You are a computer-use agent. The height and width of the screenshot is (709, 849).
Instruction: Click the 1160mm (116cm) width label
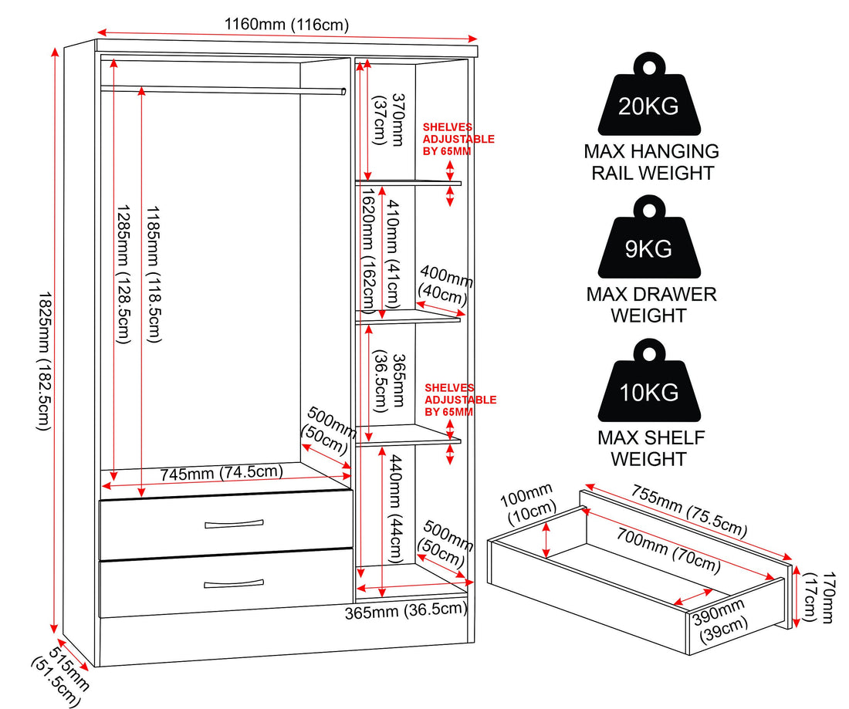coord(286,25)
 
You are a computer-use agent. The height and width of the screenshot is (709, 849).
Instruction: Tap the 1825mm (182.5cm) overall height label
coord(45,362)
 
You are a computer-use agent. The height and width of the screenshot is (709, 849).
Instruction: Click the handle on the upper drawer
coord(234,524)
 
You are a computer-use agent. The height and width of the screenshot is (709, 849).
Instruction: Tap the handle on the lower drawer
coord(234,583)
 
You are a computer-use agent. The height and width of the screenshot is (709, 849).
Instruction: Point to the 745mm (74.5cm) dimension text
coord(222,472)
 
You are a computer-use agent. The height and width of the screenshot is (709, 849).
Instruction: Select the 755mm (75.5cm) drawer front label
coord(689,511)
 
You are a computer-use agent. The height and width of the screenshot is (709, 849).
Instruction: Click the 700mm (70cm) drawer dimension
coord(668,550)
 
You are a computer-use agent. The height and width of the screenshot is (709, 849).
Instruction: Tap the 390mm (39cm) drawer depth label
coord(721,619)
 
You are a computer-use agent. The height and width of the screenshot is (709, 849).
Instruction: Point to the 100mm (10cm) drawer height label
coord(528,504)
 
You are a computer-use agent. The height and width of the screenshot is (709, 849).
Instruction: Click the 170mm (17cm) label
coord(819,597)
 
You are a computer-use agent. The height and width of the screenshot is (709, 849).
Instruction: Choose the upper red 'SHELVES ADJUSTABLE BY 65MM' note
coord(458,139)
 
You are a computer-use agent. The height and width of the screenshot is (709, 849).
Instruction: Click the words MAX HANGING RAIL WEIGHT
coord(651,162)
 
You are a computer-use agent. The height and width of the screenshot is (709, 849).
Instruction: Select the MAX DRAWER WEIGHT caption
coord(651,305)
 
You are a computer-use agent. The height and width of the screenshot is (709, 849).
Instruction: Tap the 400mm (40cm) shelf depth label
coord(445,285)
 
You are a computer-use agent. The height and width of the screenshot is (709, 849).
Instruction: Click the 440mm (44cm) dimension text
coord(394,509)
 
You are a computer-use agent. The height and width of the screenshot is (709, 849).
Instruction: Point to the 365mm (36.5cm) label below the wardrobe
coord(406,610)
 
